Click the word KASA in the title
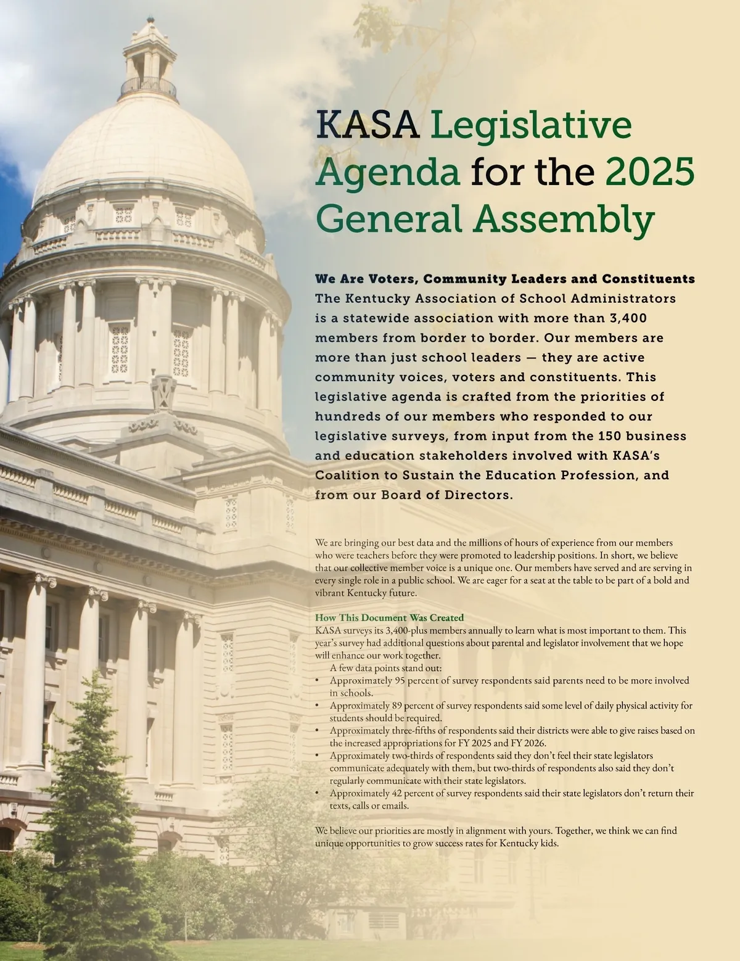(x=368, y=124)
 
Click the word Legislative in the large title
(x=530, y=124)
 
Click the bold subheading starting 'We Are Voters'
(x=504, y=279)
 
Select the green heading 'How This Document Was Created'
(x=389, y=617)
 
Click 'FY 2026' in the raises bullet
(x=528, y=743)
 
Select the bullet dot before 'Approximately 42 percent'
(x=317, y=794)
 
